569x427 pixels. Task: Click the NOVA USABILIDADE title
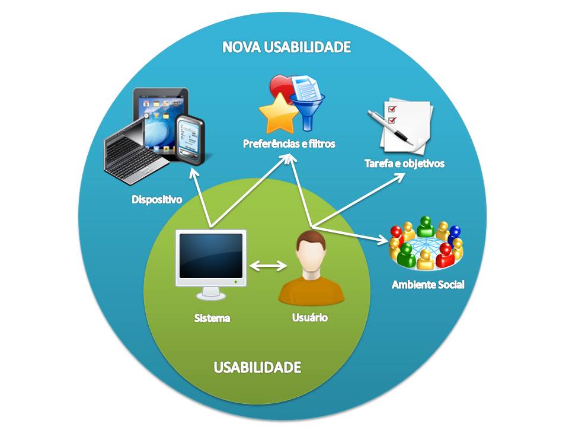click(287, 47)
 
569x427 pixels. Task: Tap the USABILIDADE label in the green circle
click(257, 367)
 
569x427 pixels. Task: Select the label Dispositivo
click(156, 199)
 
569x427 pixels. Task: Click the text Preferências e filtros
click(289, 144)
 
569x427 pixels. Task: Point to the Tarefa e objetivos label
click(404, 163)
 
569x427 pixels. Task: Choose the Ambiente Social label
click(428, 285)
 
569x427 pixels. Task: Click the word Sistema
click(212, 318)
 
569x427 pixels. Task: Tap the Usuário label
click(310, 317)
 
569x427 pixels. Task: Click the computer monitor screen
click(212, 256)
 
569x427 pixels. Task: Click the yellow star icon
click(279, 114)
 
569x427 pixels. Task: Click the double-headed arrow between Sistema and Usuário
click(267, 266)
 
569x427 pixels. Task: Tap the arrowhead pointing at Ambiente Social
click(385, 240)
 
